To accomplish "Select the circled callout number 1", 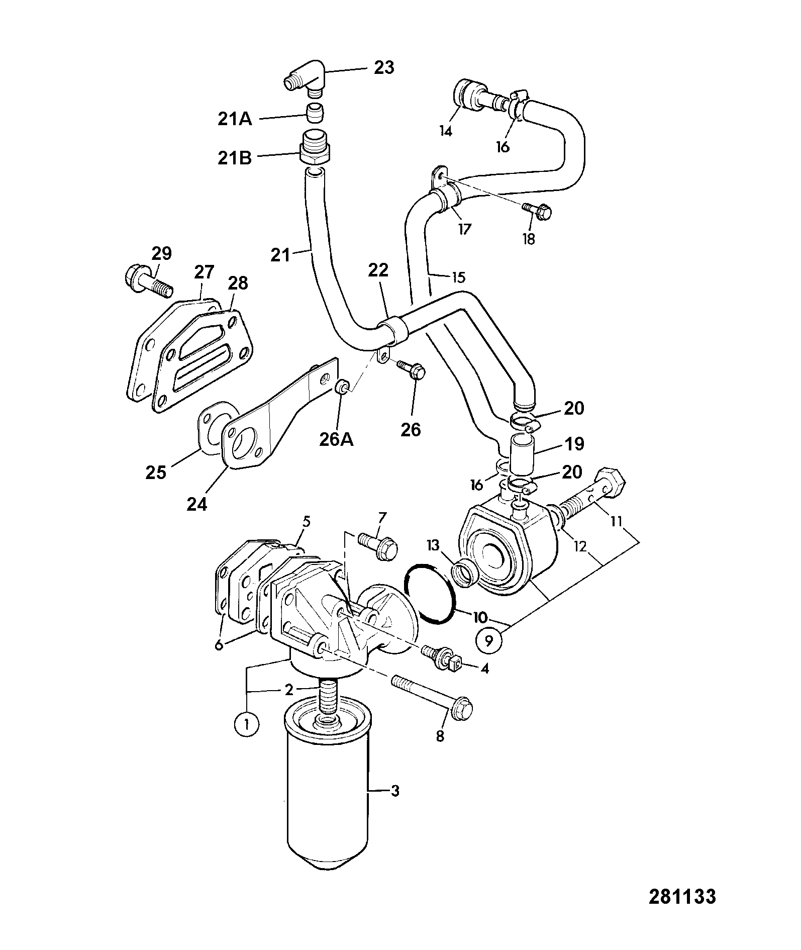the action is click(246, 724).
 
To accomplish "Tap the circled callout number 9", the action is click(488, 640).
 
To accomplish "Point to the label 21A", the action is click(235, 120).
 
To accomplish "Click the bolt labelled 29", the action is click(148, 281).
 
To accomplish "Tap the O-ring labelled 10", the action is click(430, 595).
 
